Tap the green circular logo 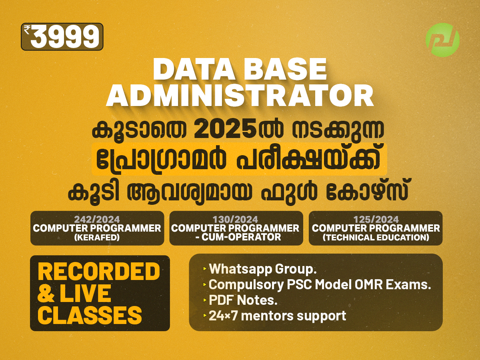pos(442,40)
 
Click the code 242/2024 pos(97,219)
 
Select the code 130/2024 pos(236,219)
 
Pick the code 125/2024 pos(376,219)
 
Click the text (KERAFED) pos(97,237)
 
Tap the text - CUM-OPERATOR pos(236,237)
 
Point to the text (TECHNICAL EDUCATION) pos(376,237)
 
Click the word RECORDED pos(99,272)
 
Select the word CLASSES pos(90,315)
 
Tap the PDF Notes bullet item pos(243,300)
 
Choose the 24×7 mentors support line pos(277,316)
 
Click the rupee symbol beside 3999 pos(27,29)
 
